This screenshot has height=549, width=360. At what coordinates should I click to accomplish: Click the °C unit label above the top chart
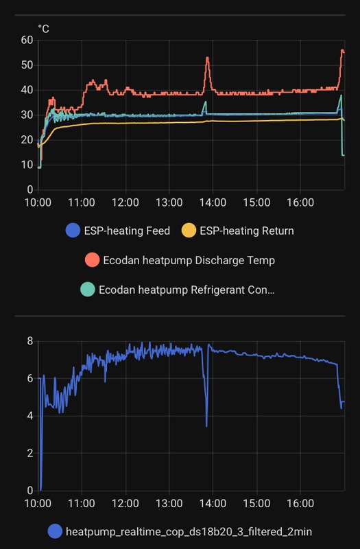(43, 29)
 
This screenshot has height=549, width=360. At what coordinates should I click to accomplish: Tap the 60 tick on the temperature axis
(27, 40)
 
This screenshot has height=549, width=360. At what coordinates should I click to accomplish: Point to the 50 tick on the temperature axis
(27, 65)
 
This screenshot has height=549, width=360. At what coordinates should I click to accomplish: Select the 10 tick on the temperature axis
(27, 165)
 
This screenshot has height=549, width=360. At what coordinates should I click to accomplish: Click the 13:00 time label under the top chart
(169, 203)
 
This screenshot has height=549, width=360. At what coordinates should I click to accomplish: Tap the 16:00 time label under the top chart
(300, 203)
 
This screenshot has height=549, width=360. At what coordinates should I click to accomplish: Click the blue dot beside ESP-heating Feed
(73, 231)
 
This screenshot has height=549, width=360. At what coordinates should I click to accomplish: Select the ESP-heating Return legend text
(246, 231)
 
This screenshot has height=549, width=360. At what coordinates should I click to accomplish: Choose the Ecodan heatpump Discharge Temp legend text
(189, 260)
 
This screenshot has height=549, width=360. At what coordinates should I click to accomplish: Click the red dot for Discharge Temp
(92, 260)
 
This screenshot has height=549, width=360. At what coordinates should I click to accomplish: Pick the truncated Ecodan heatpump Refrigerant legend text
(187, 290)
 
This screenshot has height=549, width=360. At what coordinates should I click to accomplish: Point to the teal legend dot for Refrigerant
(88, 290)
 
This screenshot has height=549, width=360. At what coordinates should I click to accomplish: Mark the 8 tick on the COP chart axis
(29, 341)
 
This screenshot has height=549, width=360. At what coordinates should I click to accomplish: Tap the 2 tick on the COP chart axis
(29, 453)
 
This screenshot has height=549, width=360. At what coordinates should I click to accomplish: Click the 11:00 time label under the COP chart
(82, 504)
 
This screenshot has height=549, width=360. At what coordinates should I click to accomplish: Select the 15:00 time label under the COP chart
(256, 504)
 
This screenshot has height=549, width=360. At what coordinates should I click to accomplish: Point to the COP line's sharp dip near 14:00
(206, 424)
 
